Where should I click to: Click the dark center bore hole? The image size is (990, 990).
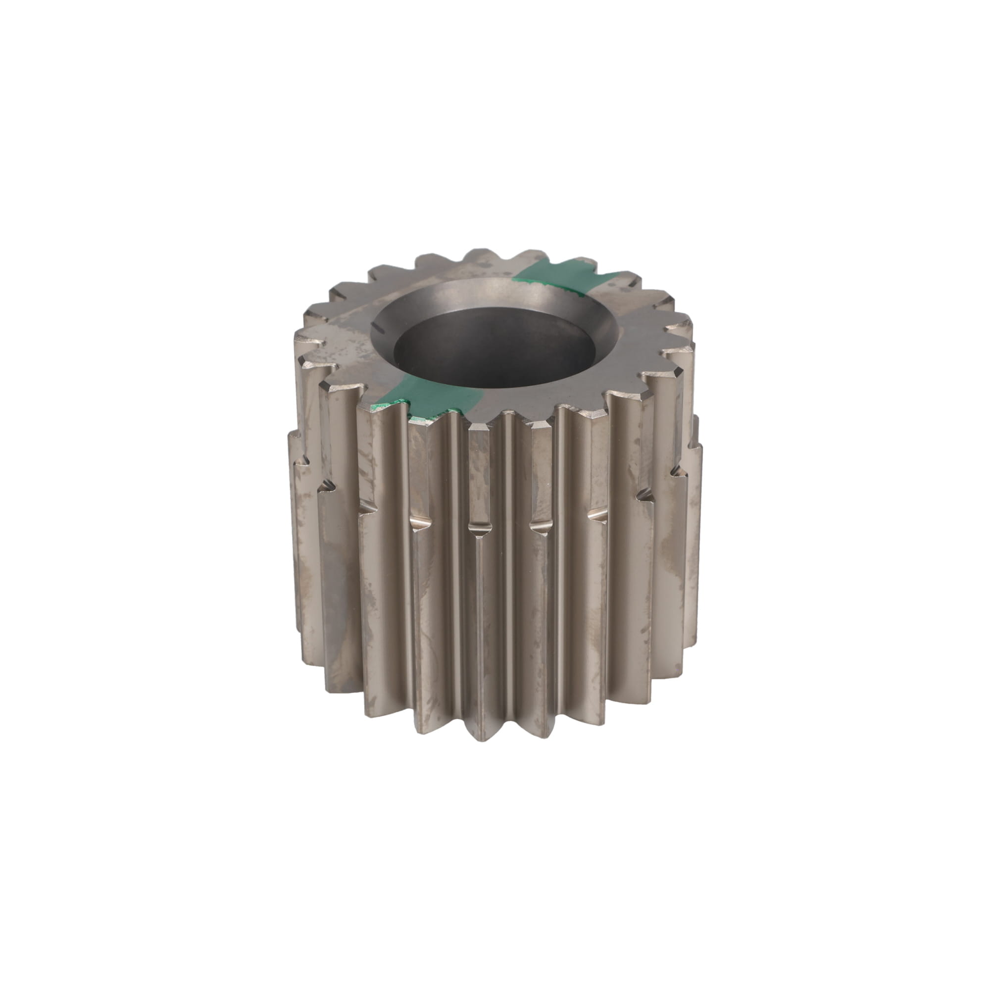point(495,348)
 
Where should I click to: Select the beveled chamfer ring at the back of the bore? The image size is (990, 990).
point(492,295)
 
